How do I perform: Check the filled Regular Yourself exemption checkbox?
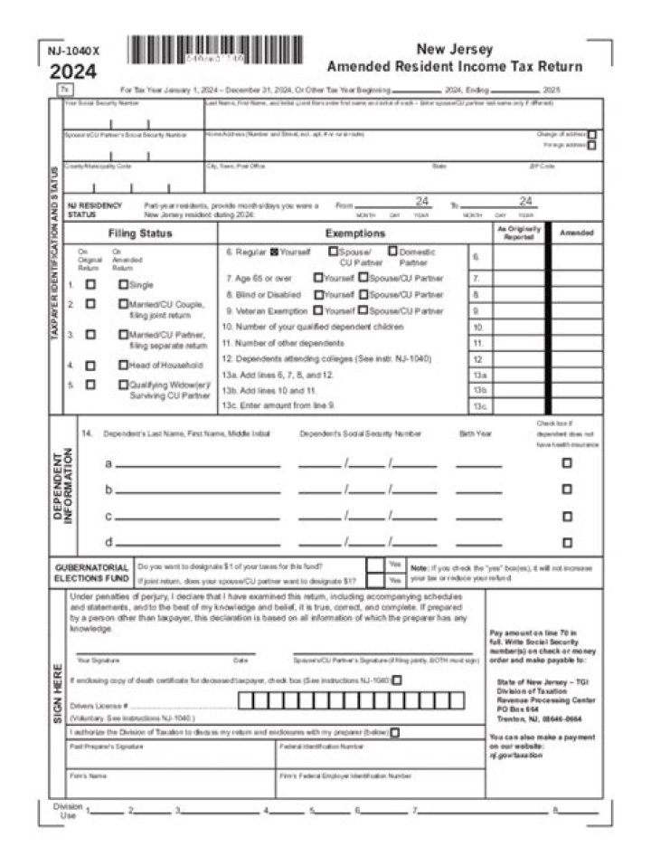[274, 252]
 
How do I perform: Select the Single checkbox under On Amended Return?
[123, 284]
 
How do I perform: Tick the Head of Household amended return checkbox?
[123, 366]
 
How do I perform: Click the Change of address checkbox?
[592, 134]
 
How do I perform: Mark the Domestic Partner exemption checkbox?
[392, 252]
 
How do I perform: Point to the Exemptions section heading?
[342, 233]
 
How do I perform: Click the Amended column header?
[577, 233]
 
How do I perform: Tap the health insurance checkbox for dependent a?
[567, 462]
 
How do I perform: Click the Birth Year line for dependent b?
[478, 490]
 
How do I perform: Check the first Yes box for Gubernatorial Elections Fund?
[375, 564]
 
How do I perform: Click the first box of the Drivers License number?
[244, 700]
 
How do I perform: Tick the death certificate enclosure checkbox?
[397, 680]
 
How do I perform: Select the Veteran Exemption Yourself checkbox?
[317, 310]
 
